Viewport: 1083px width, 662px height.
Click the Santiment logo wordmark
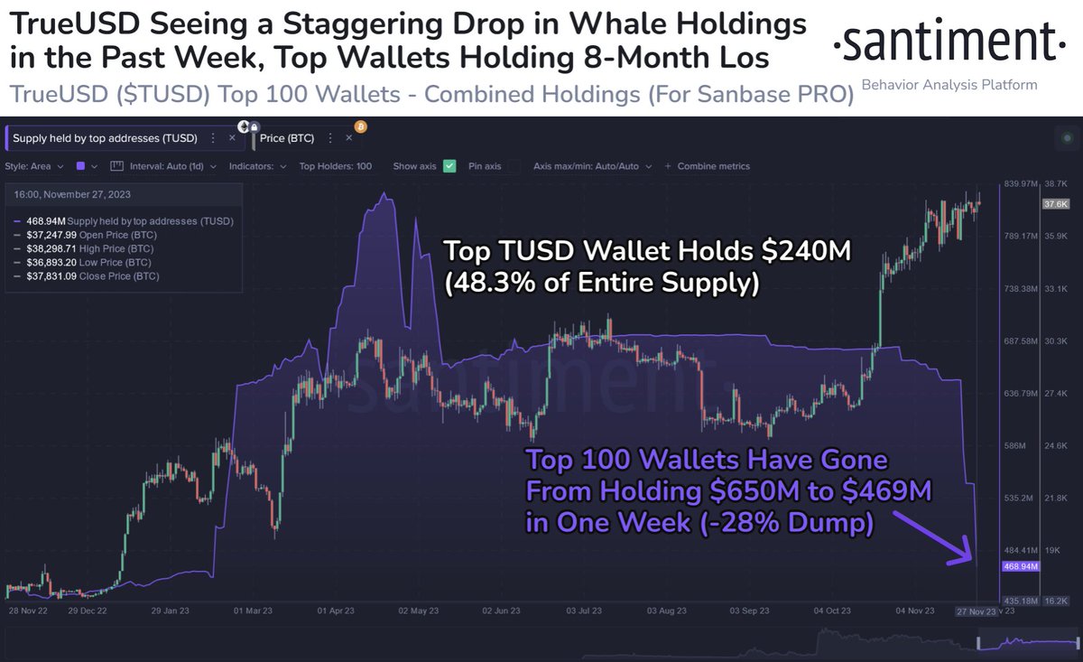tap(943, 42)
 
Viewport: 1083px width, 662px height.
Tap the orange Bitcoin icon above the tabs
tap(360, 126)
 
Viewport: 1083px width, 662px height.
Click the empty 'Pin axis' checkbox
tap(514, 166)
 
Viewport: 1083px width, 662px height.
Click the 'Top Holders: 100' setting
tap(336, 166)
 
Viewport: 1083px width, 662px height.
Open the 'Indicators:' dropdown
tap(259, 166)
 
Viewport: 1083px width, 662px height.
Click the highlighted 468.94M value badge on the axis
tap(1021, 566)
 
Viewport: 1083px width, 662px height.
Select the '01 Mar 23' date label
tap(254, 611)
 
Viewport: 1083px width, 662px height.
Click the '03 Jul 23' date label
tap(583, 611)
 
